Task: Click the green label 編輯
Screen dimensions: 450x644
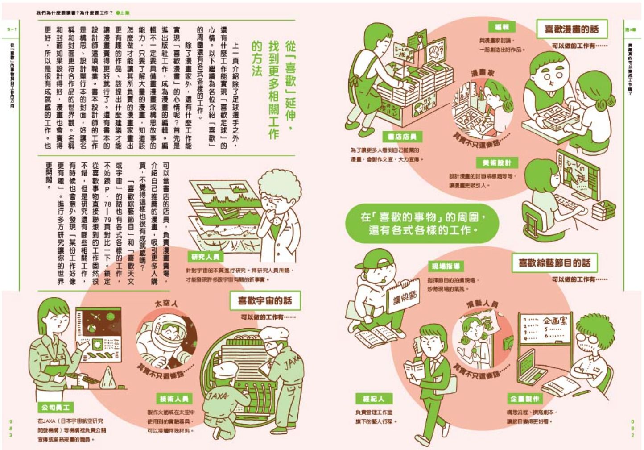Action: [x=502, y=27]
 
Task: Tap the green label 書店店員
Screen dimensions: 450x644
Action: [x=402, y=137]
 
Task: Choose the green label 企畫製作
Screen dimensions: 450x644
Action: [x=525, y=399]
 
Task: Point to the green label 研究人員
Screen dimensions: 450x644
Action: [x=205, y=257]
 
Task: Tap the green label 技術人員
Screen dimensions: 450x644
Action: [x=174, y=399]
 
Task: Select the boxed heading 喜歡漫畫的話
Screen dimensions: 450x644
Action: [x=571, y=30]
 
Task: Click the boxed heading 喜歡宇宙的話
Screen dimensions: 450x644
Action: [x=265, y=301]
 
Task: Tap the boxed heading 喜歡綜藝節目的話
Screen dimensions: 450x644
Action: [x=554, y=263]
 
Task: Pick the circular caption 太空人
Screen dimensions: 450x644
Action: [x=166, y=304]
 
